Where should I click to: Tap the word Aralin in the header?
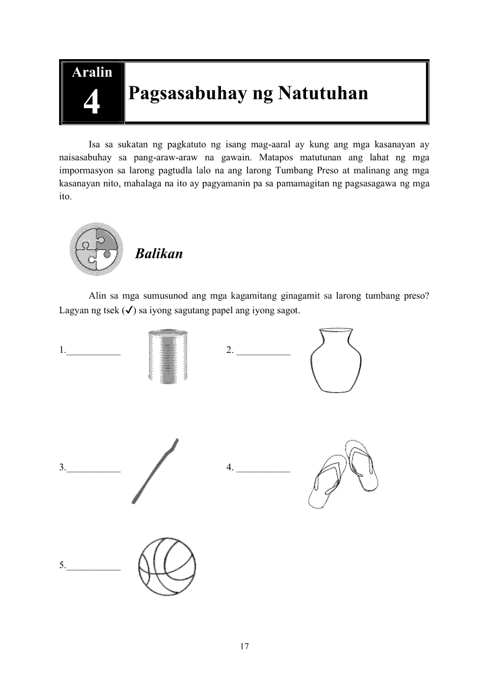point(92,73)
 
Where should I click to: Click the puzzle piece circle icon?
point(96,249)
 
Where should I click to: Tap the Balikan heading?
point(158,254)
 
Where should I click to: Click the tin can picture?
point(167,357)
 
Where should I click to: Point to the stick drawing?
point(155,471)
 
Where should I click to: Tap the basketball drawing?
point(166,566)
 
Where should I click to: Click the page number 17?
point(245,646)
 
